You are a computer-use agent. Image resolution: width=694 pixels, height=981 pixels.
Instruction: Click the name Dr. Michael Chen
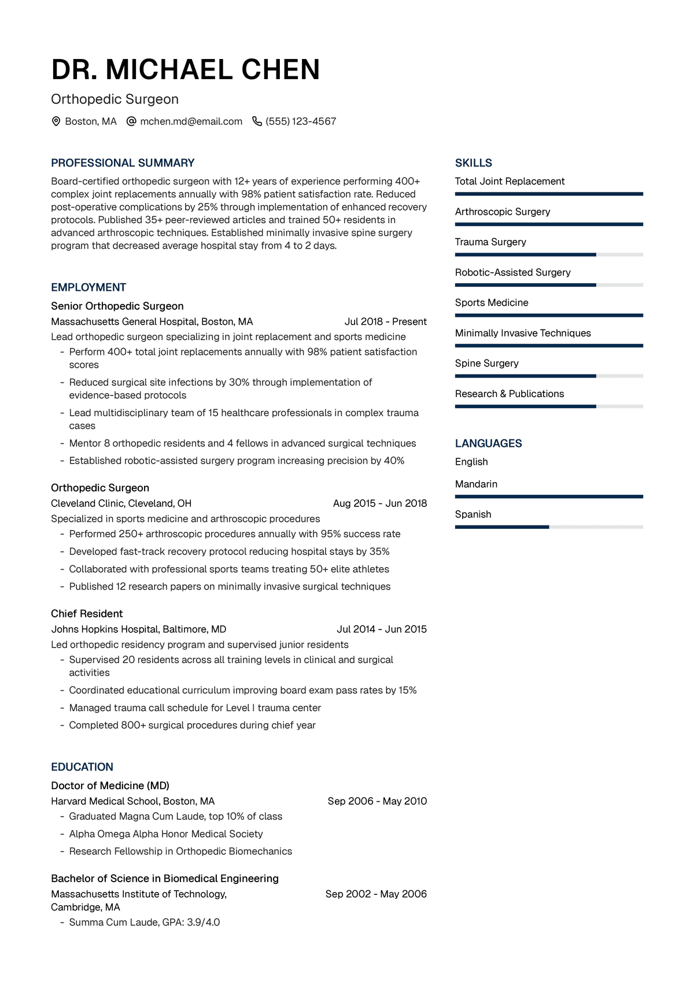click(x=185, y=70)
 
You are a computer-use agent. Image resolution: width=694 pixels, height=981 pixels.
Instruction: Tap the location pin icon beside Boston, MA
click(x=56, y=121)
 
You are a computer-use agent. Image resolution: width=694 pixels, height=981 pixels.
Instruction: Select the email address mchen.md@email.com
click(x=191, y=121)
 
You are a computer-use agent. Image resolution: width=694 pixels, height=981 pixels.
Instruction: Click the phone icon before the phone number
click(x=257, y=121)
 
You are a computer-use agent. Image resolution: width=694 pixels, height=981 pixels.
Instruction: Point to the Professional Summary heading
click(x=123, y=163)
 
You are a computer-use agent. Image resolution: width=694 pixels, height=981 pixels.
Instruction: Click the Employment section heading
click(x=88, y=287)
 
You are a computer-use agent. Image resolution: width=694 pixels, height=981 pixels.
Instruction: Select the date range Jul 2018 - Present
click(x=385, y=321)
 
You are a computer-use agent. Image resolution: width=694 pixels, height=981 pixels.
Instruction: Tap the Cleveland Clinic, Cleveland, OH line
click(x=121, y=503)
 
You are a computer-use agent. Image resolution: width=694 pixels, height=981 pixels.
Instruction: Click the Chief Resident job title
click(x=87, y=613)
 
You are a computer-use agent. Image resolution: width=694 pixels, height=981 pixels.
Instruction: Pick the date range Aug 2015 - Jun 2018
click(x=379, y=503)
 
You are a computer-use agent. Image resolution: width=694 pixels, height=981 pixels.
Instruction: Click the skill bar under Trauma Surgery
click(x=549, y=254)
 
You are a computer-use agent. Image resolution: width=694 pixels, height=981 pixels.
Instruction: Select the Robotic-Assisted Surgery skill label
click(x=512, y=272)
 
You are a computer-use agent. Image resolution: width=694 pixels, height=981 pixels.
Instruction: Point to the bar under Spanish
click(x=549, y=527)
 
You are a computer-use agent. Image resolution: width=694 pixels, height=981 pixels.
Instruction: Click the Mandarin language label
click(x=476, y=484)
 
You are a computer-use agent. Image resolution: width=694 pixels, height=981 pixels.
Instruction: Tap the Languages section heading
click(x=488, y=443)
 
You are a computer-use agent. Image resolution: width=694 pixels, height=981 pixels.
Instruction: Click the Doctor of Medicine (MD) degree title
click(x=110, y=786)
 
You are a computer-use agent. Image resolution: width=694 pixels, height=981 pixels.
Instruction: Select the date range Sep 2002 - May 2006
click(x=376, y=894)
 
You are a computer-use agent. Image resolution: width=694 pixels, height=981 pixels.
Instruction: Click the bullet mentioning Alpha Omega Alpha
click(x=165, y=834)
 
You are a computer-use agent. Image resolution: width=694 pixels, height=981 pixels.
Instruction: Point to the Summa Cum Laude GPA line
click(x=144, y=922)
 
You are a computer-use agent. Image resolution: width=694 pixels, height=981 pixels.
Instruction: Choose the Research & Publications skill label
click(x=509, y=394)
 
